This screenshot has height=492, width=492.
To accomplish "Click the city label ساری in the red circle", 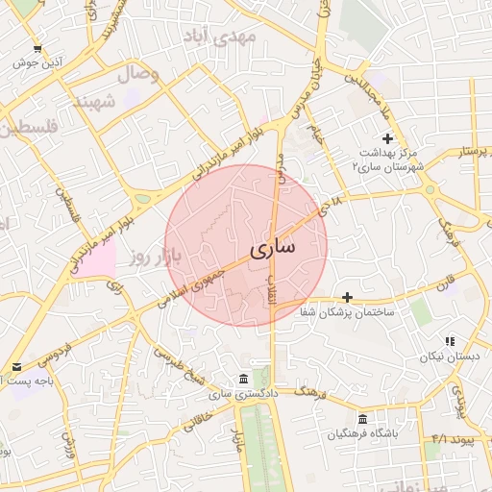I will click(x=274, y=248).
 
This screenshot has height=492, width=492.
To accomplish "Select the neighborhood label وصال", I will click(x=137, y=73).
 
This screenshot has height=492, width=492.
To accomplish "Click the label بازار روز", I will click(x=158, y=256).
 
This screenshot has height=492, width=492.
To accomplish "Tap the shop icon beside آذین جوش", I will click(x=37, y=48).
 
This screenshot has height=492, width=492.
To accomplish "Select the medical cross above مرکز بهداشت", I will click(x=387, y=138).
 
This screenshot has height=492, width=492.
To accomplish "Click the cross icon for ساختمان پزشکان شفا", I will click(x=347, y=298).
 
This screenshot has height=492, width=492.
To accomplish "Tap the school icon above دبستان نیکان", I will click(x=449, y=341).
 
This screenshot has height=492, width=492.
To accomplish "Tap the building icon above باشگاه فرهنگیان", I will click(x=362, y=419).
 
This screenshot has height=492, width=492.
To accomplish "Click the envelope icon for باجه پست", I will click(x=16, y=367).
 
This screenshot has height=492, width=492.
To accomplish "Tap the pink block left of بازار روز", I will click(x=96, y=258).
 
